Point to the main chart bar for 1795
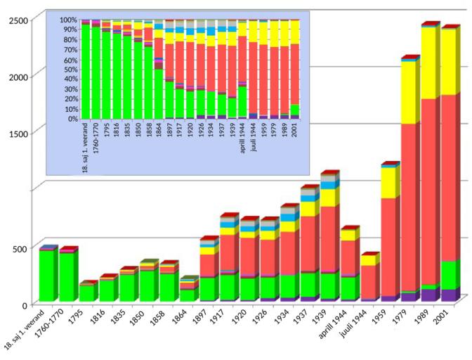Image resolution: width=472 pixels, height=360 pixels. tap(87, 292)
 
